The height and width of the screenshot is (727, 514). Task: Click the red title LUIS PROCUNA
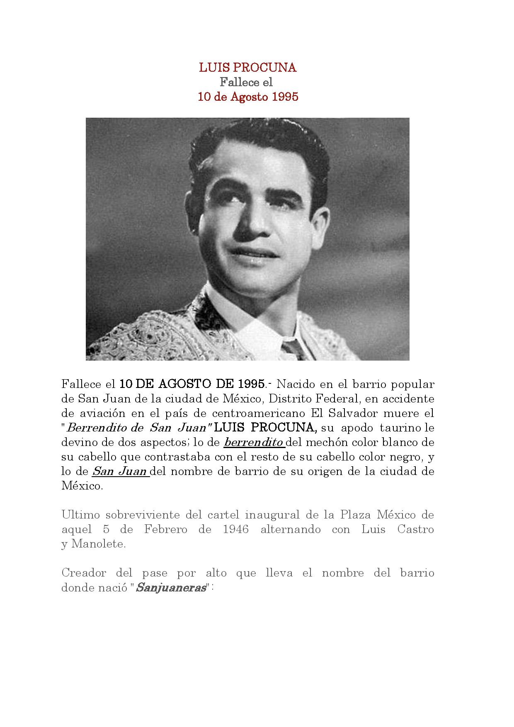[247, 68]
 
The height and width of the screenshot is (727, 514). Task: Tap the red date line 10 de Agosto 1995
[247, 97]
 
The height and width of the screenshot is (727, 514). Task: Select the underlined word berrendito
[253, 442]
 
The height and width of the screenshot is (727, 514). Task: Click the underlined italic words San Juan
[119, 471]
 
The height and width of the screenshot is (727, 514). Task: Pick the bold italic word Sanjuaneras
[171, 588]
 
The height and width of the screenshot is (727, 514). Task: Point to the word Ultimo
[81, 515]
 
